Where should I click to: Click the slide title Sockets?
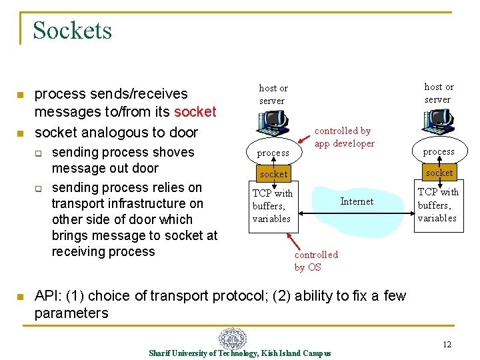72,31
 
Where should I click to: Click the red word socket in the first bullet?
195,111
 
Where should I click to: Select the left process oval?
273,153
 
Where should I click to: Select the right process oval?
439,151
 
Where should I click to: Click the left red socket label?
273,174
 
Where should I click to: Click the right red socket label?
439,173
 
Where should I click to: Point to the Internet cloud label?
357,201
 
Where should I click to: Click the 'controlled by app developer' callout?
344,137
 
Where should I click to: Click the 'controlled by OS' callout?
316,261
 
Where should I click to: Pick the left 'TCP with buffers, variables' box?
273,205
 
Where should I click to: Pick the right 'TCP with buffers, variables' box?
438,205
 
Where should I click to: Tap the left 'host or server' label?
273,94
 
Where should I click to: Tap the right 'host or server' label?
439,93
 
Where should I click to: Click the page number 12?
447,344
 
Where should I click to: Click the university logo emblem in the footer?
233,338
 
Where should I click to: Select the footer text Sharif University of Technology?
203,353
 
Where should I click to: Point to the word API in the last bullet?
47,296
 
